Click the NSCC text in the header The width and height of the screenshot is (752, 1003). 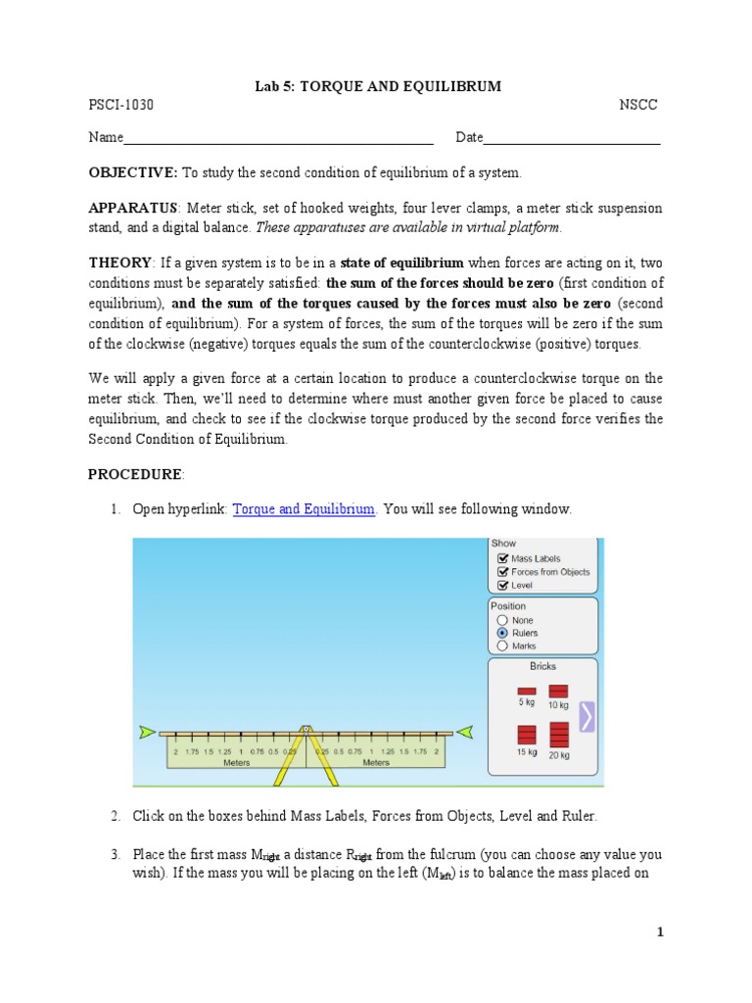coord(639,105)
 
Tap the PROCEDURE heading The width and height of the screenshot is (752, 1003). coord(135,474)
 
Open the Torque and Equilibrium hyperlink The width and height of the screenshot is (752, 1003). coord(304,509)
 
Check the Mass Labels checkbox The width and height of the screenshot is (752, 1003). coord(503,558)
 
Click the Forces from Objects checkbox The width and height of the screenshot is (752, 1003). coord(503,572)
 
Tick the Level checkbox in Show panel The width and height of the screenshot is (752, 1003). coord(503,586)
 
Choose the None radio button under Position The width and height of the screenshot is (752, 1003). coord(502,620)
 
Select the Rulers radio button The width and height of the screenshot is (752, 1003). coord(502,633)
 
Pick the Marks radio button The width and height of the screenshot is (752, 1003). coord(502,645)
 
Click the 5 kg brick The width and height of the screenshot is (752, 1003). coord(527,692)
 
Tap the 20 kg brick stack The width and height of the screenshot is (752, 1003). coord(559,736)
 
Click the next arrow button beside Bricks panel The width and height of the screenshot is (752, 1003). coord(587,716)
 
